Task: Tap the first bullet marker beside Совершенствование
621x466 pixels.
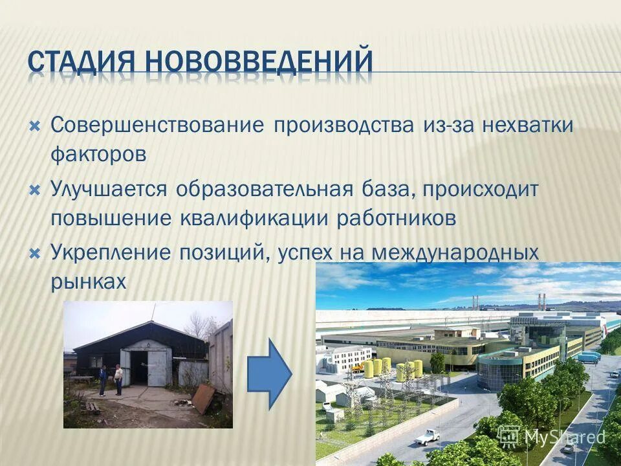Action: [36, 124]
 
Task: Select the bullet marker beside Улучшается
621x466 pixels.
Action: [36, 190]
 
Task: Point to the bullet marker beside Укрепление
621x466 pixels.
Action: [36, 252]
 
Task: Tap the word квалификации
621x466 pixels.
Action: [252, 219]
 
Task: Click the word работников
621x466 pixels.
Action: [397, 219]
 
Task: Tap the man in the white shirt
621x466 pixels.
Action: [118, 379]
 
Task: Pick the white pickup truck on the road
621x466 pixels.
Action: [428, 438]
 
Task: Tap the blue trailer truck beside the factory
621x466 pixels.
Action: [588, 357]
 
